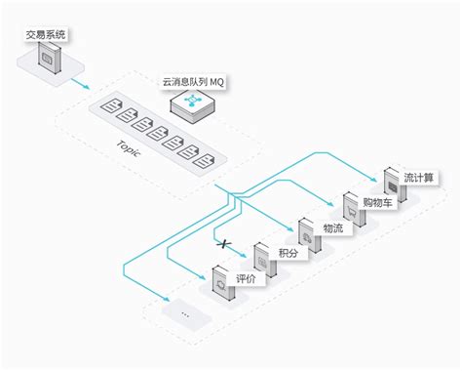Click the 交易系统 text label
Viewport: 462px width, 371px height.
(47, 36)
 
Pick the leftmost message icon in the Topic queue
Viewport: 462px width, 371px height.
(109, 105)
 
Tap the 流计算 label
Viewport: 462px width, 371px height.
(421, 178)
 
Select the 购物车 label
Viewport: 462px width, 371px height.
(377, 203)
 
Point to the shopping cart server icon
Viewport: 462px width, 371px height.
(350, 209)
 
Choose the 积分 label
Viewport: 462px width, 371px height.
(289, 254)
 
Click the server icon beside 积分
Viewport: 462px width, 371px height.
(261, 259)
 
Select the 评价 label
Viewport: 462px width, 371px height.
(247, 279)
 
